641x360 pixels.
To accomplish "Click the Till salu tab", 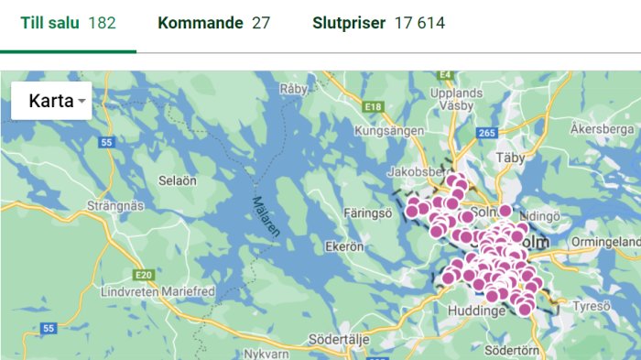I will [x=69, y=23].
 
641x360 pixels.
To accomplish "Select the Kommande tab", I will [x=213, y=23].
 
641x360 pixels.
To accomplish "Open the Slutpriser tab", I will [x=378, y=23].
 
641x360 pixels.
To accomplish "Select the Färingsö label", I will [x=367, y=213].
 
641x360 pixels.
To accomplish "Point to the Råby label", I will [x=293, y=89].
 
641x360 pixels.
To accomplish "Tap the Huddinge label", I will [x=476, y=311].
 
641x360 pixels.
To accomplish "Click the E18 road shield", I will [x=372, y=107].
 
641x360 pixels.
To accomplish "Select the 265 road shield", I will [x=486, y=134].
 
